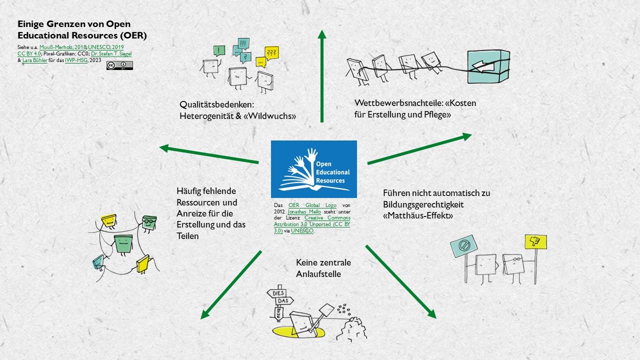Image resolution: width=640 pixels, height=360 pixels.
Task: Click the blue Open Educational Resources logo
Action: [x=313, y=169]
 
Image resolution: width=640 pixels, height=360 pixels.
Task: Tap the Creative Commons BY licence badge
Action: [x=119, y=65]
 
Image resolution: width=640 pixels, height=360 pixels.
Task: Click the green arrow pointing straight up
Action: [x=322, y=75]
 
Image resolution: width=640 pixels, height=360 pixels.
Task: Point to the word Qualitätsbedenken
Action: [x=216, y=105]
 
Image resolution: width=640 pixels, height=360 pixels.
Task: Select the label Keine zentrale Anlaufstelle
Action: [x=323, y=267]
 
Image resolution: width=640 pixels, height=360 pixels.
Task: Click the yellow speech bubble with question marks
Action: [x=271, y=52]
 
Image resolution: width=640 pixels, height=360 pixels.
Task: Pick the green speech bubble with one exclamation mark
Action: [x=219, y=50]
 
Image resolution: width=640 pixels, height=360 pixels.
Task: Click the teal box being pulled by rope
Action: [x=488, y=66]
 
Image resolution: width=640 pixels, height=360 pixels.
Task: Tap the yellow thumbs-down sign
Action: [x=535, y=242]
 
